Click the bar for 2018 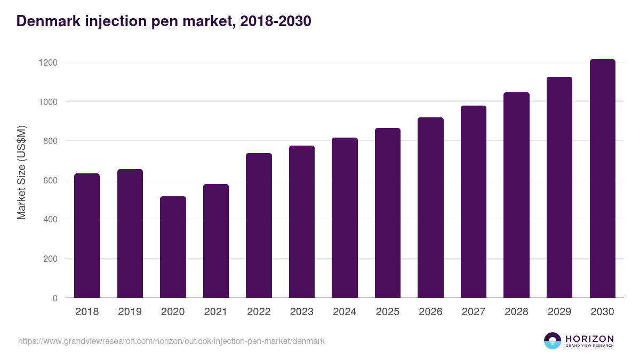[87, 236]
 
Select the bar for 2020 [173, 247]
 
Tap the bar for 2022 [259, 226]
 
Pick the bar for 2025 [388, 213]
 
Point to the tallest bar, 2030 [603, 179]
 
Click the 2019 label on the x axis [130, 312]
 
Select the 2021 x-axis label [216, 312]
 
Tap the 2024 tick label [345, 312]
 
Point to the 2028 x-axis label [516, 312]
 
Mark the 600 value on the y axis [50, 180]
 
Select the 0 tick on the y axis [54, 298]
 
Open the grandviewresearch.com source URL [171, 341]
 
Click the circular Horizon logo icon [553, 341]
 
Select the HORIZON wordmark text [589, 338]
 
